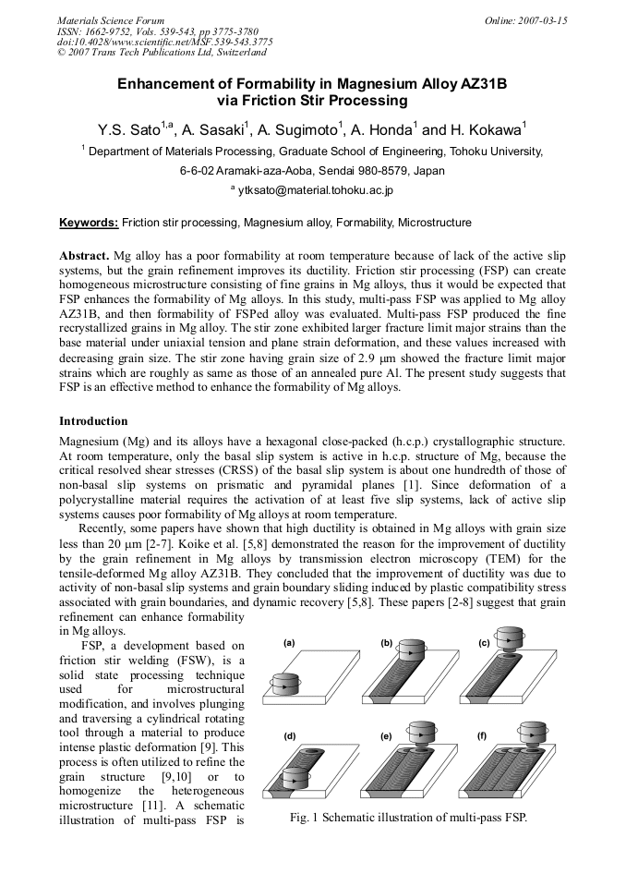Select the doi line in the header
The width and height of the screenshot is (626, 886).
164,42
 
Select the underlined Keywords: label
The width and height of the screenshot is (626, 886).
89,223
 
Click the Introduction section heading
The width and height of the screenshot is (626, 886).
93,421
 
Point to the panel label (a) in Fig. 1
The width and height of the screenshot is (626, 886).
289,642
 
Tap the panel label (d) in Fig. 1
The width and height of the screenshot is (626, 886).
289,736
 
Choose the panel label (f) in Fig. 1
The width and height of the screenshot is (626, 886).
482,735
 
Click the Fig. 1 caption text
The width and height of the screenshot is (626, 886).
407,818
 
